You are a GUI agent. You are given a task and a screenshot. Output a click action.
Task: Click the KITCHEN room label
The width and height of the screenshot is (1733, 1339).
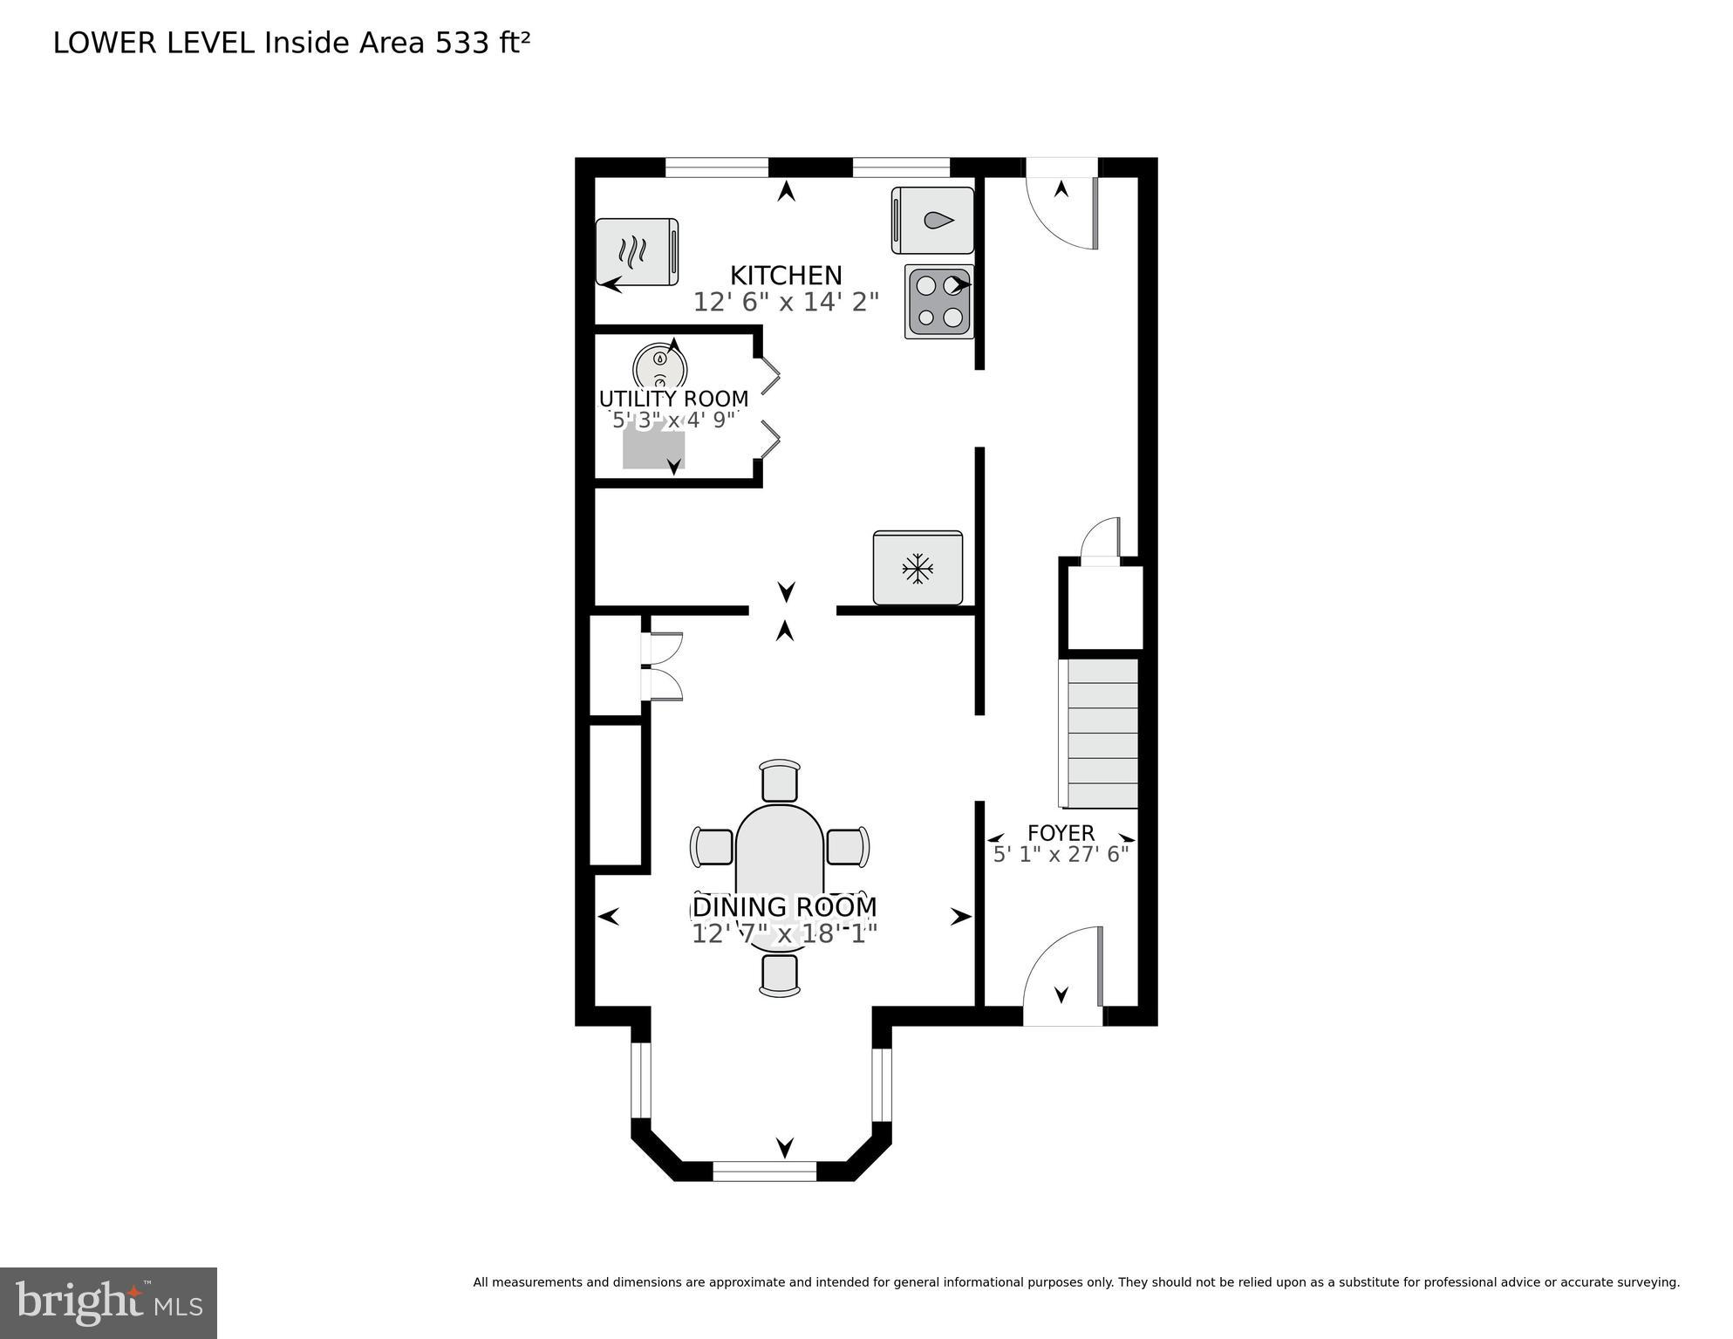785,276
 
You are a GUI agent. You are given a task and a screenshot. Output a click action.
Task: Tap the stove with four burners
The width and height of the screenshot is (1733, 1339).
939,301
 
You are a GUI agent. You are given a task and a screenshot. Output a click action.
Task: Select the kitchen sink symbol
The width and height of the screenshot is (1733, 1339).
932,220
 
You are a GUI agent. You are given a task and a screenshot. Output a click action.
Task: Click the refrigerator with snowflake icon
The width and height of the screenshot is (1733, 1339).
918,568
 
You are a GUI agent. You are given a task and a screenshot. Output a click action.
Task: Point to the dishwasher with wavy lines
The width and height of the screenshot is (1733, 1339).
637,251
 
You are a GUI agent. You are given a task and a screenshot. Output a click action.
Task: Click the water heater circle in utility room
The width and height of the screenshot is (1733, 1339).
660,366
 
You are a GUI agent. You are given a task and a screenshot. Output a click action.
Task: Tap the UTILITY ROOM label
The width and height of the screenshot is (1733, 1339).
673,399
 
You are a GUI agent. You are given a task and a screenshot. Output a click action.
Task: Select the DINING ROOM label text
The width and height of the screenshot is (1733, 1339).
784,907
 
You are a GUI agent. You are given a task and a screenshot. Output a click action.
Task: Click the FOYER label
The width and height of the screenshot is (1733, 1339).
1061,833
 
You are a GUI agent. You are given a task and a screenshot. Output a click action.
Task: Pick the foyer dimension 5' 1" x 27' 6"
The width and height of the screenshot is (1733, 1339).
1061,855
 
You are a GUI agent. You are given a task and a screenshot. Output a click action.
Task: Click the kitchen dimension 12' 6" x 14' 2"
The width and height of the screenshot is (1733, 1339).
785,303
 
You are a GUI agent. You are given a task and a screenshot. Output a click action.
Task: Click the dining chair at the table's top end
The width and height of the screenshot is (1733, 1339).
780,780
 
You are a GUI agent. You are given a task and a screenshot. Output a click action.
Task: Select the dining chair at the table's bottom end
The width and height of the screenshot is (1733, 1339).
780,975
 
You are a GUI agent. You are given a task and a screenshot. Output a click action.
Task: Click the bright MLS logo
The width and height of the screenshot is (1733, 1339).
108,1302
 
